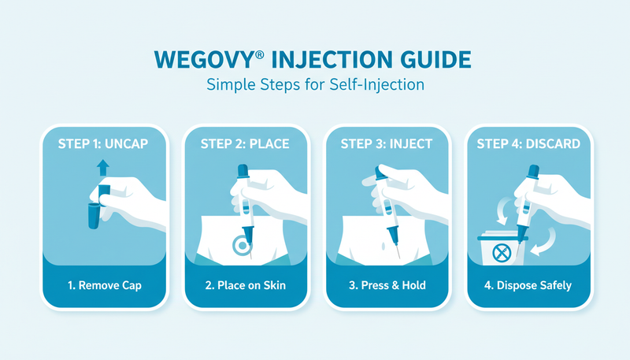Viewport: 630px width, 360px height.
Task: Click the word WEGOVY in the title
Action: coord(204,60)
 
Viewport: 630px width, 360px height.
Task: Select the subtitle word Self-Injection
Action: coord(377,85)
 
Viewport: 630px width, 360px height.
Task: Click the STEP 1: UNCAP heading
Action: coord(103,144)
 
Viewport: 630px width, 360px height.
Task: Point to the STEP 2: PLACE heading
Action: coord(245,144)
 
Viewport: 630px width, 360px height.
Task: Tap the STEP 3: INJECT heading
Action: coord(387,144)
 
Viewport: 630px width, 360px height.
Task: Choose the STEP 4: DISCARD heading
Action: coord(528,144)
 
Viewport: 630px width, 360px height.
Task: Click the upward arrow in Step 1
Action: coord(103,168)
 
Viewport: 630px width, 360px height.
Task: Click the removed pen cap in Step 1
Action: coord(94,216)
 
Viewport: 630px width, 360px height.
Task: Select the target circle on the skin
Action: coord(242,245)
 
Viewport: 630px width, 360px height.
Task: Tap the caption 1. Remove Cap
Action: coord(105,285)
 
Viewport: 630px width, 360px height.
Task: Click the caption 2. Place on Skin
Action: coord(246,285)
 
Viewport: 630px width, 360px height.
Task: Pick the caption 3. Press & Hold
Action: coord(387,285)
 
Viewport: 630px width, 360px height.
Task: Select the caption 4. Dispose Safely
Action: coord(528,285)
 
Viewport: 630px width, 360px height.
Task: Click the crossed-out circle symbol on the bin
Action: coord(502,254)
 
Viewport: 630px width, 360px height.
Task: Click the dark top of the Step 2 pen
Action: coord(243,170)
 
